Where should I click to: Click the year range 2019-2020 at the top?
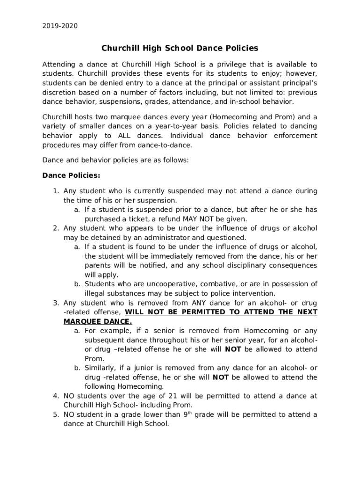click(60, 26)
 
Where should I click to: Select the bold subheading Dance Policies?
click(72, 175)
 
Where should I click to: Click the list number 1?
click(55, 191)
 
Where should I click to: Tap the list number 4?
click(55, 396)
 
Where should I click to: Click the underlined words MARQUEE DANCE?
click(98, 322)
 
